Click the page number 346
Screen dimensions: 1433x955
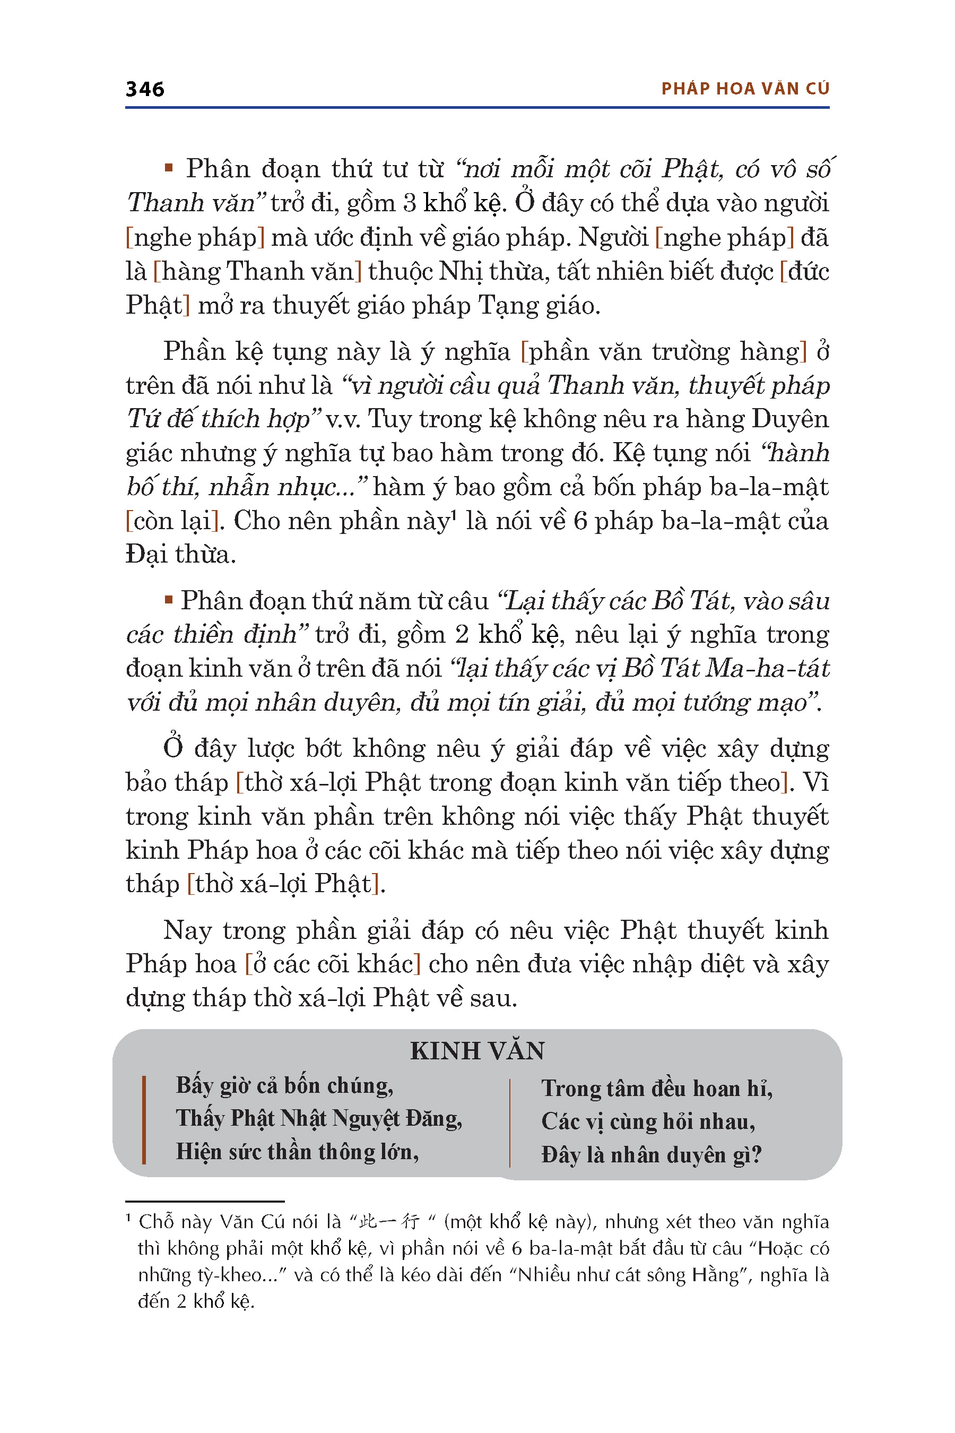[x=145, y=90]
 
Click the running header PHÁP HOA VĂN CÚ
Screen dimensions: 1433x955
[x=745, y=89]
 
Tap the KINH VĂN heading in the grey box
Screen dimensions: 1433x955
[x=477, y=1051]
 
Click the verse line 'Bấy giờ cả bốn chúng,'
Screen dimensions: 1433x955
[x=284, y=1086]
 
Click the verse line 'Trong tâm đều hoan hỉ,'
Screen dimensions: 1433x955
[x=657, y=1089]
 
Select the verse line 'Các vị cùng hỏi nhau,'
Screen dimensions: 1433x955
[x=648, y=1121]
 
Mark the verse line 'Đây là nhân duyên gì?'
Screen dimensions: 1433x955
[x=651, y=1154]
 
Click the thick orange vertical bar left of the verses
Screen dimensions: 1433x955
[x=144, y=1120]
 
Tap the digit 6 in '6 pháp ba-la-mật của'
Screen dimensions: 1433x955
[x=580, y=522]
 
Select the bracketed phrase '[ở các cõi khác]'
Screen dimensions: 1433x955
[x=333, y=964]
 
